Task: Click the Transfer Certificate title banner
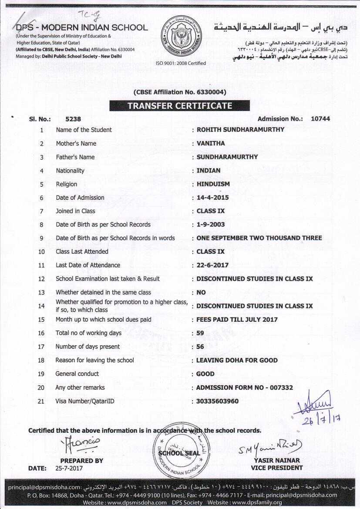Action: tap(179, 106)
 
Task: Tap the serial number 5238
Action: tap(73, 119)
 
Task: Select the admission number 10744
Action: tap(320, 119)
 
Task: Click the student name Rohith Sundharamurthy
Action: tap(240, 130)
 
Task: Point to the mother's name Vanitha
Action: tap(211, 143)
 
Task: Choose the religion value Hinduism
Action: tap(213, 184)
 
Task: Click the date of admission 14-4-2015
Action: tap(212, 198)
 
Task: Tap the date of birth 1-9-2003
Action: tap(209, 225)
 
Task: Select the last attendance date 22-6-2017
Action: tap(212, 265)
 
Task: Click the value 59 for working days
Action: tap(201, 333)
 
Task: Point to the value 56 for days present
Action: tap(201, 347)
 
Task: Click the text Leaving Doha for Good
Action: tap(237, 360)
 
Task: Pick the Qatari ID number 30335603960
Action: tap(217, 401)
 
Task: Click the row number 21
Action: tap(41, 401)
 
